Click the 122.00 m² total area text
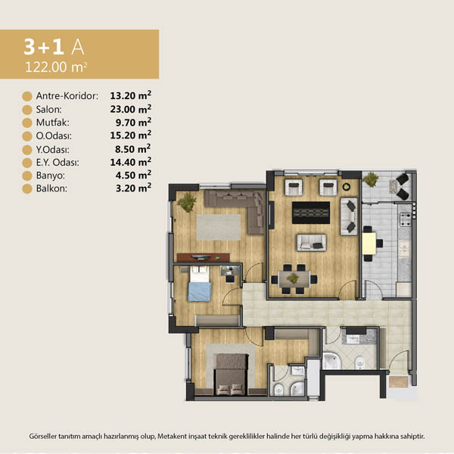[56, 67]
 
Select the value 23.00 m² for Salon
[131, 109]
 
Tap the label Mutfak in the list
[53, 123]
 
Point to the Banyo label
[51, 176]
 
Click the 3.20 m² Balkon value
[133, 188]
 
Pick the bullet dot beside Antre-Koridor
[27, 96]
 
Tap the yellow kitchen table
[369, 244]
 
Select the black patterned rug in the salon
[311, 213]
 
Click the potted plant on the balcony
[371, 179]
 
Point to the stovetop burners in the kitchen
[405, 219]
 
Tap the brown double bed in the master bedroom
[231, 375]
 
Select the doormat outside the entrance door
[399, 381]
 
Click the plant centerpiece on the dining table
[294, 278]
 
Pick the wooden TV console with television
[203, 257]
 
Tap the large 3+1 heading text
[44, 47]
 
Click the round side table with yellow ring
[347, 187]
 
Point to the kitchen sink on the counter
[405, 249]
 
